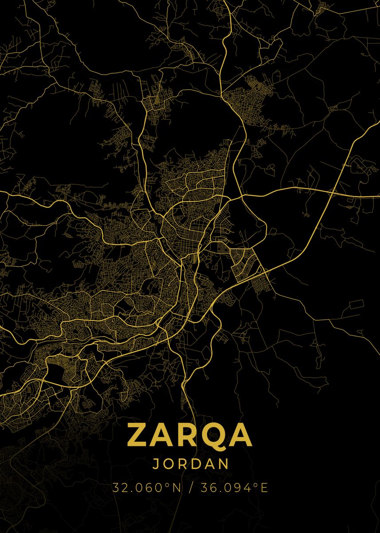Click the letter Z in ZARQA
(139, 435)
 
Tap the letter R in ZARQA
(191, 435)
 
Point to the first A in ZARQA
(164, 435)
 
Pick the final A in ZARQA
(241, 435)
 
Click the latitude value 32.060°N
(146, 488)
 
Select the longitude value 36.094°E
(234, 488)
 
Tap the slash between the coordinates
(191, 488)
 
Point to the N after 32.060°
(176, 488)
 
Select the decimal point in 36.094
(217, 491)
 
